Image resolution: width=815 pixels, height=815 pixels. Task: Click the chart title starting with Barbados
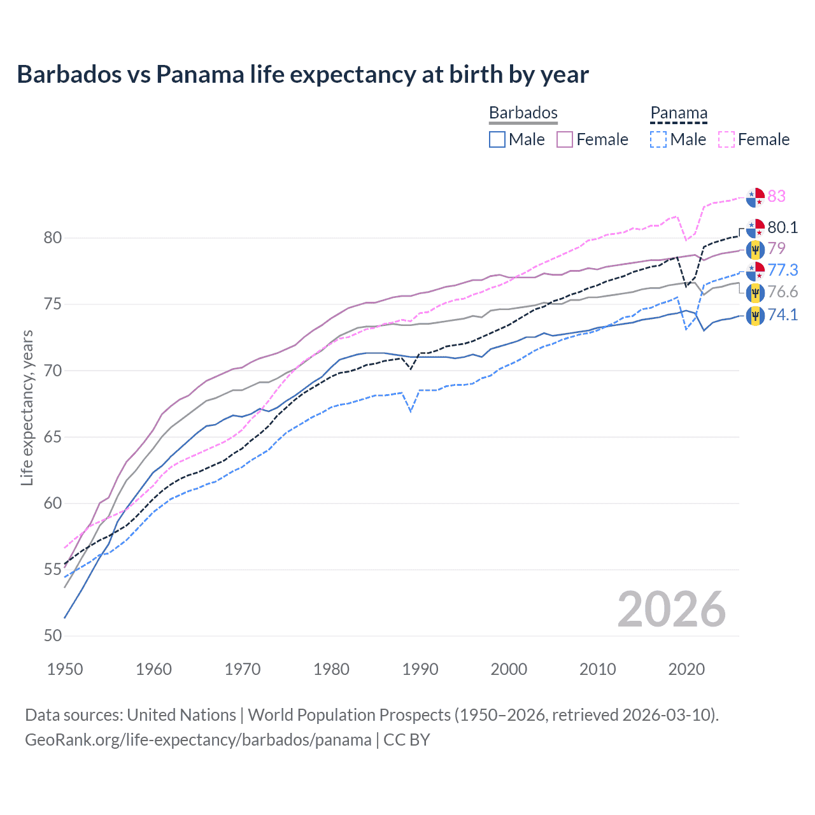pyautogui.click(x=302, y=74)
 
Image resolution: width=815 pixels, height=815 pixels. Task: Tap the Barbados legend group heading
pyautogui.click(x=523, y=113)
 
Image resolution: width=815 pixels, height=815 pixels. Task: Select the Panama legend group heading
pyautogui.click(x=678, y=113)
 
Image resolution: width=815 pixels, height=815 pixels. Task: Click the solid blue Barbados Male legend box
pyautogui.click(x=497, y=139)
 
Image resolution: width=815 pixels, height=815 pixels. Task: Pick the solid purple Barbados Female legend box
pyautogui.click(x=565, y=139)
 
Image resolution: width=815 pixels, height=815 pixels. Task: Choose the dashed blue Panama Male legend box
pyautogui.click(x=658, y=139)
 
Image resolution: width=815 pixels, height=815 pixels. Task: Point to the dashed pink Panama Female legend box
pyautogui.click(x=726, y=139)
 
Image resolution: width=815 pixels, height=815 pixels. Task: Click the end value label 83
pyautogui.click(x=776, y=196)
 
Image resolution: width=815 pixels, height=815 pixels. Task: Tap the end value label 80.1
pyautogui.click(x=782, y=227)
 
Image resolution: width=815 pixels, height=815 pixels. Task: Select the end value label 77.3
pyautogui.click(x=782, y=270)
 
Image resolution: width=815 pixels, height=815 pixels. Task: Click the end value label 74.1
pyautogui.click(x=782, y=315)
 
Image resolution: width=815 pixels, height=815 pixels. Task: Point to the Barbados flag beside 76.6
pyautogui.click(x=755, y=292)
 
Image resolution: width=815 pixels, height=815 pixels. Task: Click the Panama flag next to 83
pyautogui.click(x=755, y=197)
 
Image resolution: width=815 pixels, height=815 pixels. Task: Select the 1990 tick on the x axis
pyautogui.click(x=420, y=669)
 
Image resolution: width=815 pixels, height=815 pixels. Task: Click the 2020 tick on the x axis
pyautogui.click(x=686, y=669)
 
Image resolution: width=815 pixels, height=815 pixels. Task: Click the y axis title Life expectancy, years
pyautogui.click(x=27, y=407)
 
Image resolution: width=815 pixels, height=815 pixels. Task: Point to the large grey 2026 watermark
pyautogui.click(x=671, y=609)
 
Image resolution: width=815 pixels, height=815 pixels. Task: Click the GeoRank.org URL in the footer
pyautogui.click(x=198, y=740)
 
